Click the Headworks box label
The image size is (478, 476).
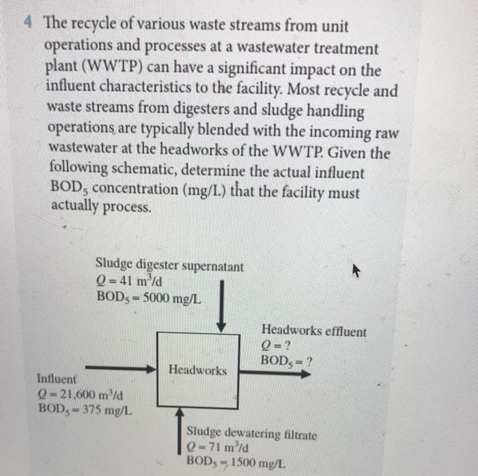click(x=198, y=370)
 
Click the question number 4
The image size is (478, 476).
click(x=29, y=22)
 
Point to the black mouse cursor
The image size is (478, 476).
click(x=356, y=271)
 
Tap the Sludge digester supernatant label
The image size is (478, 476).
click(x=169, y=265)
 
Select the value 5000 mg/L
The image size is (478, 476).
click(x=172, y=298)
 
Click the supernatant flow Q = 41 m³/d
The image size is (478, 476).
click(x=129, y=282)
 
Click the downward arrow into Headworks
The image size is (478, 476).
click(x=222, y=306)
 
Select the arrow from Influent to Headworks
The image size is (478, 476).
click(x=121, y=368)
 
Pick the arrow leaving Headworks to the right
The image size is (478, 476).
click(x=275, y=373)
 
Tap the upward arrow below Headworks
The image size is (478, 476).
click(x=180, y=431)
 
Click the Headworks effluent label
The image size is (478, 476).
click(x=314, y=331)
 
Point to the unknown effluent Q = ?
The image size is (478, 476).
click(x=276, y=346)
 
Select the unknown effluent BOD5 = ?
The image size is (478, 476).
click(x=287, y=361)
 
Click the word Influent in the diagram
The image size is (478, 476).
click(x=57, y=379)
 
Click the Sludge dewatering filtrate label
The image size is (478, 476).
click(x=251, y=434)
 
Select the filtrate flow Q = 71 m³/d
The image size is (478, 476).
click(x=218, y=447)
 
